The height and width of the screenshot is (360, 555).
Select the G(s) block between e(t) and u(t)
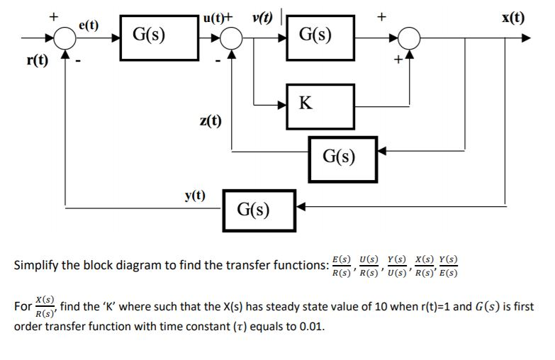(150, 35)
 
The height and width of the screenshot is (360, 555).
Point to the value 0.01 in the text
(313, 328)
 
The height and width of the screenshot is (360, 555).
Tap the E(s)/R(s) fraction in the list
(344, 266)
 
